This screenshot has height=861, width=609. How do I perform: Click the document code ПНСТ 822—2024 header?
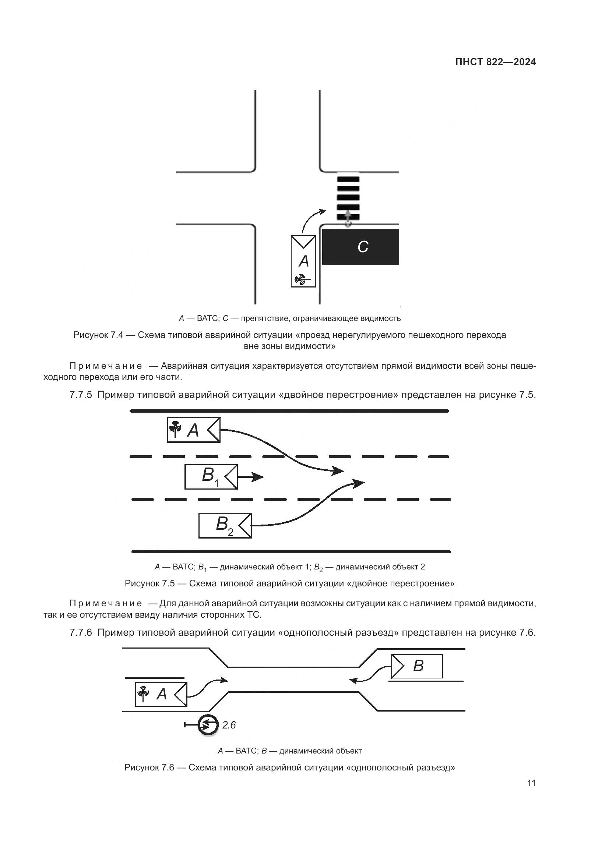click(495, 62)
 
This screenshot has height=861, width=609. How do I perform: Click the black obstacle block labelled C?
click(360, 247)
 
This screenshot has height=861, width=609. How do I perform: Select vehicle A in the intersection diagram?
click(303, 261)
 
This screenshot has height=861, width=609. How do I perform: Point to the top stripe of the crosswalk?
click(348, 179)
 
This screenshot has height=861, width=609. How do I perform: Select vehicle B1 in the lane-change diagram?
click(211, 477)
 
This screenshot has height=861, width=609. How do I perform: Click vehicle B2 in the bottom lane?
click(225, 526)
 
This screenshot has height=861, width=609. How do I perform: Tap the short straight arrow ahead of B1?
click(251, 477)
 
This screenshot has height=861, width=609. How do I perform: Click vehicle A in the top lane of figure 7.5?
click(194, 430)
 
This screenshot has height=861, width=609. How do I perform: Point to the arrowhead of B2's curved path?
click(359, 483)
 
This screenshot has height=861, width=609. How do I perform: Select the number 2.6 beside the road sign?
click(229, 725)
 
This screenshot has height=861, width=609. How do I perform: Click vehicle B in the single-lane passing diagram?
click(417, 666)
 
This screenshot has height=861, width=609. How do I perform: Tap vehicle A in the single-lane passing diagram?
click(161, 695)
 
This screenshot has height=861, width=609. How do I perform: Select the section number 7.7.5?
click(81, 395)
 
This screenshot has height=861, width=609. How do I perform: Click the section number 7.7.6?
click(81, 633)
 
